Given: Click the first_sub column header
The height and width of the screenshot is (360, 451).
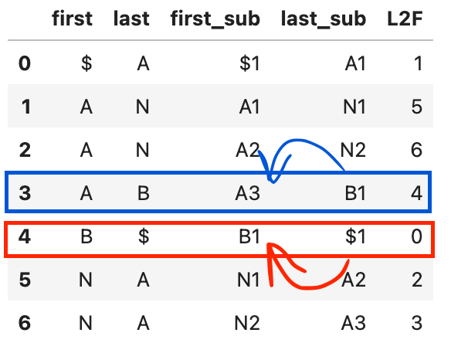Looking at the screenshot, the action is (215, 19).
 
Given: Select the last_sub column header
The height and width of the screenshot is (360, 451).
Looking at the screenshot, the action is (324, 19).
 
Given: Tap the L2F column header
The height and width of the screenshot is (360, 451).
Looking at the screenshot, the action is (405, 19).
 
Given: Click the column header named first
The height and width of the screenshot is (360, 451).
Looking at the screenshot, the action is (72, 19).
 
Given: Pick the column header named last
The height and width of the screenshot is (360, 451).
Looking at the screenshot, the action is (131, 19).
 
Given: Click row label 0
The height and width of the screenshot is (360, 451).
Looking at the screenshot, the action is (25, 63).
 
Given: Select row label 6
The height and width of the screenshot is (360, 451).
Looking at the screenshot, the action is (25, 323).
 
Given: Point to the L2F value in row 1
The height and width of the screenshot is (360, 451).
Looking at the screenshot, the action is (417, 107).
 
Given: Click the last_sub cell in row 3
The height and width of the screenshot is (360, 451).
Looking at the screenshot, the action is (355, 193).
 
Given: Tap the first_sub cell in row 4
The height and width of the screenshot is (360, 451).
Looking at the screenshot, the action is (249, 236).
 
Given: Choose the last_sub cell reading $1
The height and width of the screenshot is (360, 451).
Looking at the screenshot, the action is (355, 236).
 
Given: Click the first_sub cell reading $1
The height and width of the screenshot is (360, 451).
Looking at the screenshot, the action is (249, 63).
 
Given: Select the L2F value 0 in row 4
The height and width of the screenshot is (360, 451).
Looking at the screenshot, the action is (417, 236).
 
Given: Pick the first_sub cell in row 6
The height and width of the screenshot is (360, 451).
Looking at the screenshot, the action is (247, 323).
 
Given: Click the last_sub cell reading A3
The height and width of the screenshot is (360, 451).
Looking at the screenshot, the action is (354, 323).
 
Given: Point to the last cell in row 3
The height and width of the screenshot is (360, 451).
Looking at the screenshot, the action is (143, 193).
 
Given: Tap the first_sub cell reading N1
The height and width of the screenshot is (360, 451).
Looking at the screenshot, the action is (249, 280).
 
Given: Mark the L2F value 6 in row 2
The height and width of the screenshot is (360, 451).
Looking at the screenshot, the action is (417, 150).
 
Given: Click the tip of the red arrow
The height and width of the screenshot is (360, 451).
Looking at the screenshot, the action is (268, 244).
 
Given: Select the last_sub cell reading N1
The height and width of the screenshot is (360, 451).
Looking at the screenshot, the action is (354, 107).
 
